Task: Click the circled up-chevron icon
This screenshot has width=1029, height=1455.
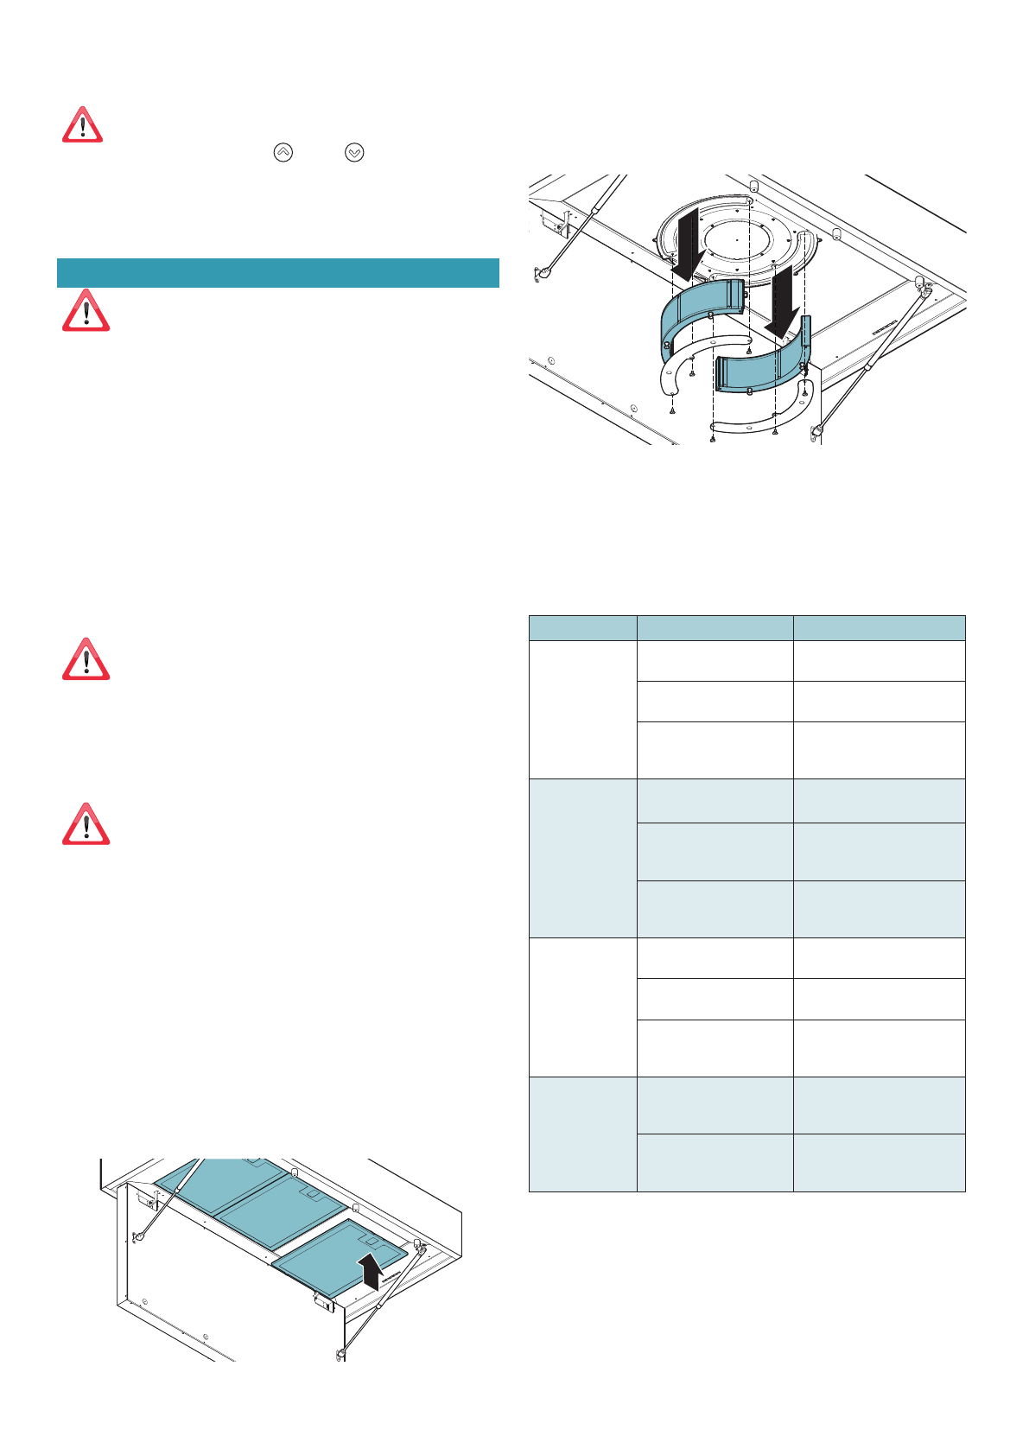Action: tap(283, 152)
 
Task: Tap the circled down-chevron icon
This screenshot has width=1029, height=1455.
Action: tap(354, 152)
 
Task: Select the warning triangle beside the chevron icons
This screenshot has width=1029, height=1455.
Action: tap(82, 126)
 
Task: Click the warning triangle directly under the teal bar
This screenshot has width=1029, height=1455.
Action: tap(86, 312)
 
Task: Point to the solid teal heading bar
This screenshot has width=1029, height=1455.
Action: tap(277, 272)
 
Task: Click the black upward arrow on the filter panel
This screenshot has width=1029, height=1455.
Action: tap(371, 1271)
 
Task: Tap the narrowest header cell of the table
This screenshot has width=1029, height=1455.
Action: tap(582, 628)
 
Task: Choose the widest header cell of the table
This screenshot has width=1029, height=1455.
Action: tap(879, 628)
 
